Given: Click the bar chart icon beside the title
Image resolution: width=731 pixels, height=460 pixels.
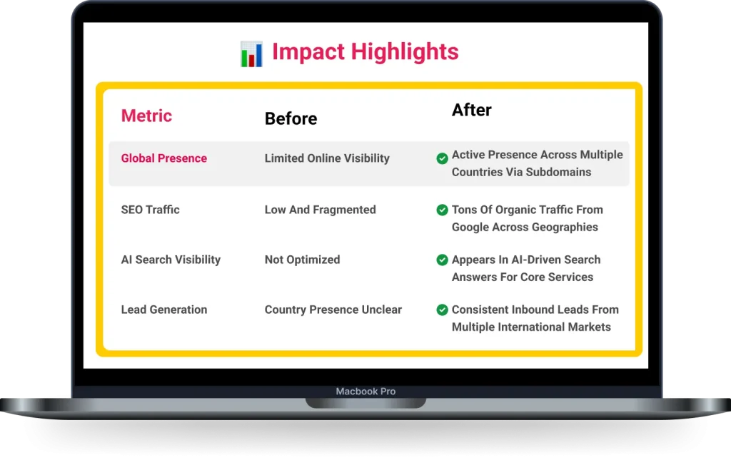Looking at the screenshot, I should [x=251, y=53].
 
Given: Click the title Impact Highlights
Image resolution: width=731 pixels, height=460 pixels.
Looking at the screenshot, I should [x=365, y=52].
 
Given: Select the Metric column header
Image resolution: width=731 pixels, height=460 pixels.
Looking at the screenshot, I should [x=146, y=116].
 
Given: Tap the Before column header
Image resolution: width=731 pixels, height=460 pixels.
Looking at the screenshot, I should [x=291, y=118].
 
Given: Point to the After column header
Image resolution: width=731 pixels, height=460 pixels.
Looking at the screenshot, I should [x=471, y=110].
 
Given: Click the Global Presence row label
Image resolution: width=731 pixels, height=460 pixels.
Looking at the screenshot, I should [x=163, y=158].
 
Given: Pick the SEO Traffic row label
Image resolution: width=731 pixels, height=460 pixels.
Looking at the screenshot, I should [x=150, y=210].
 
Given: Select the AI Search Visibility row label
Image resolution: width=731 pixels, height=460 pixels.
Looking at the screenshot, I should [x=171, y=260].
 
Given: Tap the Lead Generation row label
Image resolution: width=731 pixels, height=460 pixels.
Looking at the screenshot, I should [x=163, y=310].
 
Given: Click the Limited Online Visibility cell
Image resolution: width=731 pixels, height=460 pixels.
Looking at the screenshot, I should [x=327, y=158].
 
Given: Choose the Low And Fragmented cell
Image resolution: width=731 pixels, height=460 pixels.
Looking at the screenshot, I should [x=320, y=210].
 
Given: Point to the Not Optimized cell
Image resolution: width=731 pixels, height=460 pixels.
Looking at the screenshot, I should [x=302, y=260].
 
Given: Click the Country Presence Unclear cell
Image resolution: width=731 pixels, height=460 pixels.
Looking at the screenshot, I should [x=333, y=310].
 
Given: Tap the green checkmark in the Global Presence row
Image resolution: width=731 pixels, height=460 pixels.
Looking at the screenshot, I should [x=442, y=158].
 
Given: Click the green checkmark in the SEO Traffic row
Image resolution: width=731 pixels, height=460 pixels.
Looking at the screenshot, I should [x=442, y=210].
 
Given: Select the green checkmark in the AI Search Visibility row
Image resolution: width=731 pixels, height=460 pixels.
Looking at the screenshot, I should [x=442, y=260].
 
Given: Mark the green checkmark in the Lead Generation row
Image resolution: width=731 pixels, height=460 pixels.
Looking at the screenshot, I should [x=442, y=310].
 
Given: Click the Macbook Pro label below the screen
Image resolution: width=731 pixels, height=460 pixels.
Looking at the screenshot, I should [x=365, y=392].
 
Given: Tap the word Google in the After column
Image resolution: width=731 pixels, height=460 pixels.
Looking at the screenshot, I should [x=472, y=227].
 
